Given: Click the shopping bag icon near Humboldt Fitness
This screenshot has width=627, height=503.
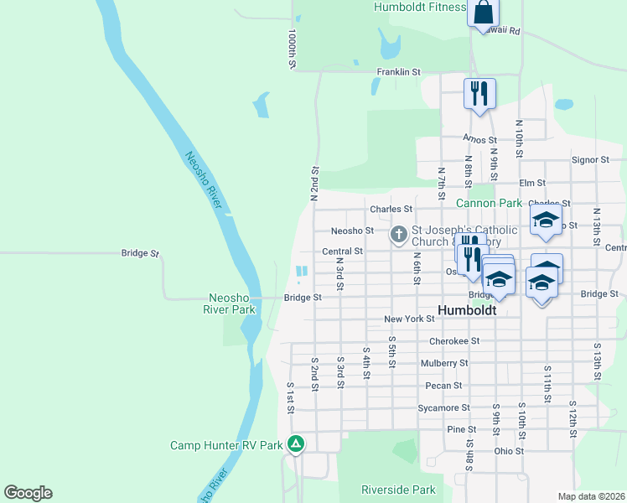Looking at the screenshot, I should point(484,13).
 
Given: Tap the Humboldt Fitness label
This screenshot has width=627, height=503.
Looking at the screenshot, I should point(420,8).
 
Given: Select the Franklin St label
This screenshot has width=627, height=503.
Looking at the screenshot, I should point(398,73).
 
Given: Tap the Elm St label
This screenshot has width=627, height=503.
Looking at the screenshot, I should point(532,183).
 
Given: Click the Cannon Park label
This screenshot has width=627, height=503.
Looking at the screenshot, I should point(489,203).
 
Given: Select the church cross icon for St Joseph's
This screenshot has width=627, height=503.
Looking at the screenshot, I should point(399,235).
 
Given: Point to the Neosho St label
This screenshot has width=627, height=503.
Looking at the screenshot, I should point(352,231).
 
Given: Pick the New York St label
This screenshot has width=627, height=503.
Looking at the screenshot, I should point(409,319).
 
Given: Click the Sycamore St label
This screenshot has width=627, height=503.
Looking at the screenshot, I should point(443,408).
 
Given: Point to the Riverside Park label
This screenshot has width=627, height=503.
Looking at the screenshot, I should point(398,490).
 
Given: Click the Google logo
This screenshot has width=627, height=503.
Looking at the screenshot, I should point(28,493).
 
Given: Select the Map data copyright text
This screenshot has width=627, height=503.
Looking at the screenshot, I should point(592,496).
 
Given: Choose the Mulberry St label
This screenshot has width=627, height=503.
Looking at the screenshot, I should point(444,363).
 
